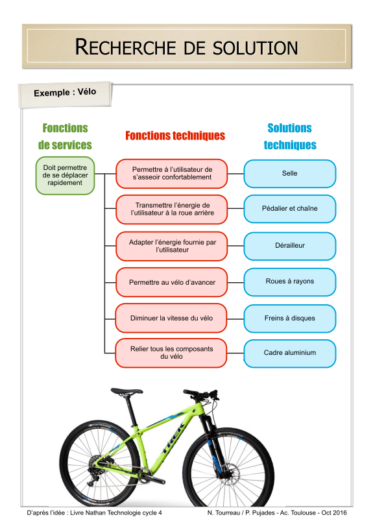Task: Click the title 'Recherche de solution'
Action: tap(187, 47)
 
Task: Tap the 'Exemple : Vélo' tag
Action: tap(65, 93)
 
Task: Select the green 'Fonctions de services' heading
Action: tap(65, 136)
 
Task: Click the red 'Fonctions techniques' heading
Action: tap(175, 136)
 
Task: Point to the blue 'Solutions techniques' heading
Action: tap(290, 136)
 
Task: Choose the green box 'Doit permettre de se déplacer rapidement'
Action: tap(65, 175)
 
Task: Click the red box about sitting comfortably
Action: tap(172, 173)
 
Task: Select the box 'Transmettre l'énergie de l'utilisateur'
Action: tap(172, 209)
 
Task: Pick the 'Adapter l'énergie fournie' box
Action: tap(172, 246)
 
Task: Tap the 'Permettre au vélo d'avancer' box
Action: tap(172, 282)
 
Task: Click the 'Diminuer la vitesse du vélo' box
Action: tap(171, 318)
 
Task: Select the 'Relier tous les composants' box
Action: tap(171, 353)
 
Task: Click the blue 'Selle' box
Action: tap(290, 173)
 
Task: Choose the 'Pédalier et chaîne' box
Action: tap(290, 209)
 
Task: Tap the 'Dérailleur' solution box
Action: tap(290, 246)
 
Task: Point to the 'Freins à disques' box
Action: tap(290, 318)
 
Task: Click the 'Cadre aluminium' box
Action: tap(290, 354)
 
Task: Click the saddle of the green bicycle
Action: tap(126, 391)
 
